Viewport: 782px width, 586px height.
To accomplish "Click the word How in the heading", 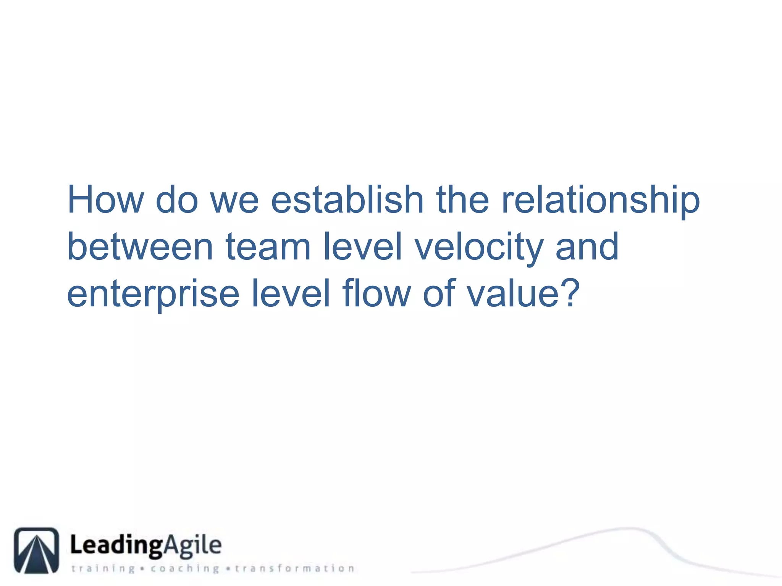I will (105, 200).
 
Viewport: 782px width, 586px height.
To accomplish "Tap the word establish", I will (347, 200).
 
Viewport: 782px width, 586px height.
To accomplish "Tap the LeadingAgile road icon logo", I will (37, 550).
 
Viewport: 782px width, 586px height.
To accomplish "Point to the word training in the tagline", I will (103, 568).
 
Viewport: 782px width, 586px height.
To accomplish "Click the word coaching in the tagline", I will (185, 568).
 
